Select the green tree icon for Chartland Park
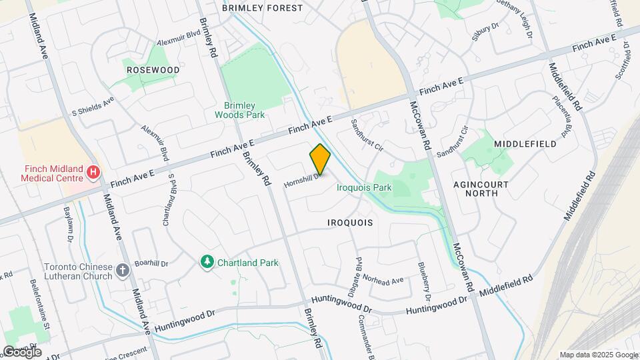pyautogui.click(x=207, y=263)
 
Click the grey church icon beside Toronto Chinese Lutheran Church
pyautogui.click(x=122, y=270)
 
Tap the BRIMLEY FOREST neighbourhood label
pyautogui.click(x=262, y=8)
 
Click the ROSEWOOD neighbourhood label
pyautogui.click(x=153, y=69)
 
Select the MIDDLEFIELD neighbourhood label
pyautogui.click(x=525, y=144)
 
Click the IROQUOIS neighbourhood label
pyautogui.click(x=349, y=221)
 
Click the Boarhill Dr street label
pyautogui.click(x=151, y=263)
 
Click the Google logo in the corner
pyautogui.click(x=22, y=352)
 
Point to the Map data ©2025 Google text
pyautogui.click(x=597, y=355)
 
